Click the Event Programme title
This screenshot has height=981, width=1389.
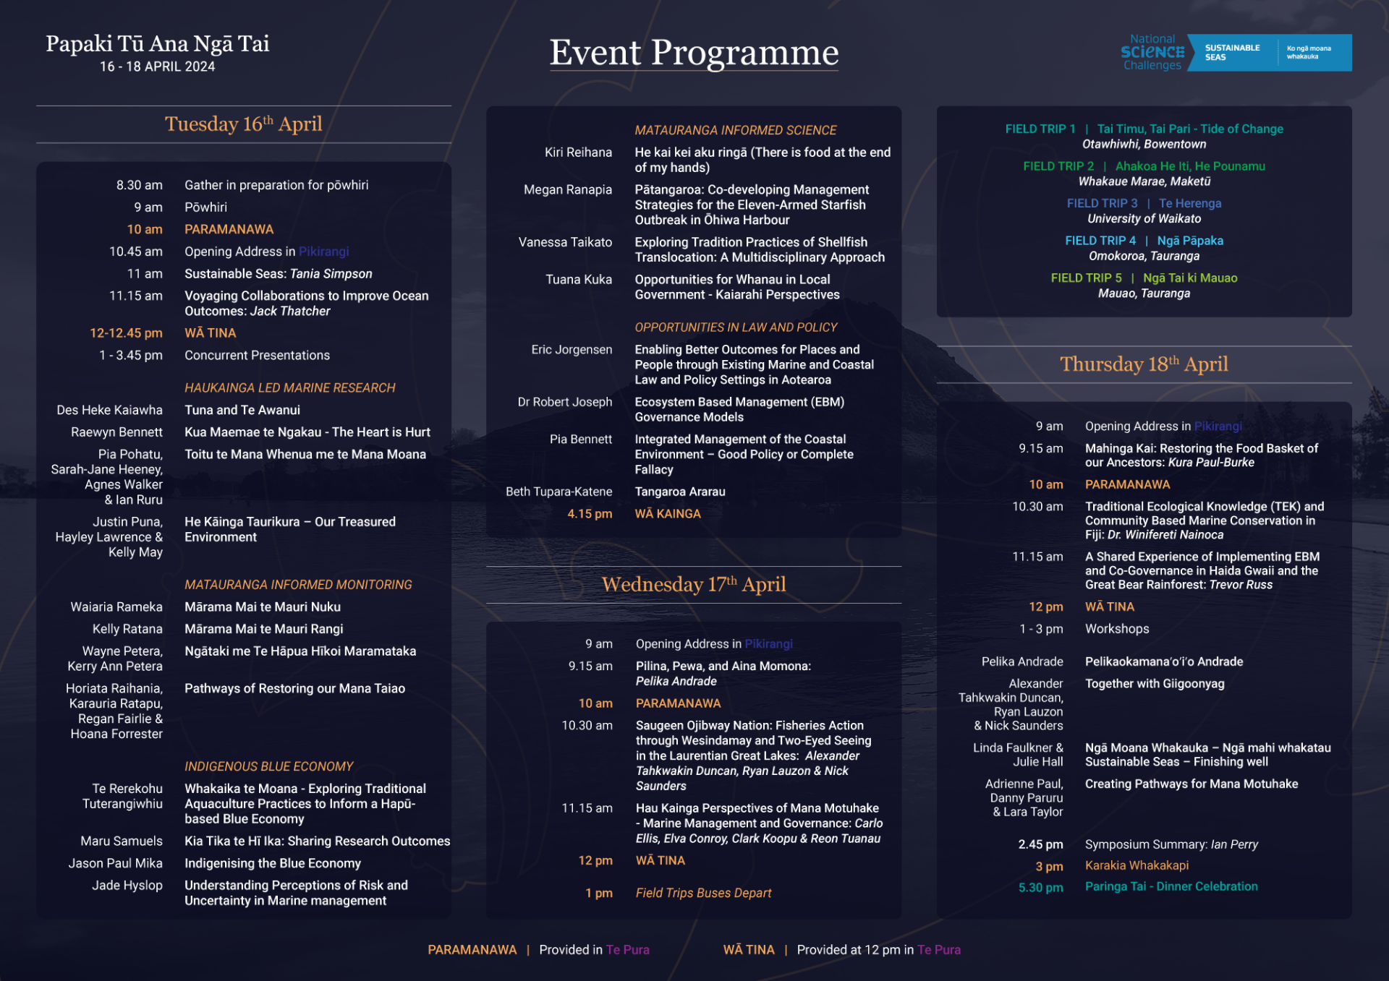(694, 53)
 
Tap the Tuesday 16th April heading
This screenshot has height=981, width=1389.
(244, 124)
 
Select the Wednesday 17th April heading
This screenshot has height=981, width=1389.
(694, 584)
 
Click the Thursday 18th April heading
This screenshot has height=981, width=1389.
(1144, 364)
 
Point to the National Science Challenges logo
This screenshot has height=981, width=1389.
(1236, 52)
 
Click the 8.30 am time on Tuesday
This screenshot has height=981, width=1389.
(140, 185)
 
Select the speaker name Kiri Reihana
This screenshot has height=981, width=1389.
(578, 153)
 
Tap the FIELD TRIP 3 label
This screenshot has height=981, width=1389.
(1102, 204)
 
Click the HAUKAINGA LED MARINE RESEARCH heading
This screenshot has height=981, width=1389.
(290, 388)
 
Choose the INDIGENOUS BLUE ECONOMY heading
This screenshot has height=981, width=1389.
(269, 766)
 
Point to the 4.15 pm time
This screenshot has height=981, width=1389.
(590, 514)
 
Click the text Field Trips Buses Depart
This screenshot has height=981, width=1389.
(703, 894)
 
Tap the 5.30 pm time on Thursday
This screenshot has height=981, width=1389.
(1041, 888)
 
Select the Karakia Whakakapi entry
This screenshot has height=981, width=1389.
(1137, 866)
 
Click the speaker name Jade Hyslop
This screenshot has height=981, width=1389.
(127, 886)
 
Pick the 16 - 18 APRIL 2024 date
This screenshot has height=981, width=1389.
(158, 67)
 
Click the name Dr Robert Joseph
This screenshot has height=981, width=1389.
(565, 402)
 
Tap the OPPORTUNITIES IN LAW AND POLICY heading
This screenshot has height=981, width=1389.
(736, 327)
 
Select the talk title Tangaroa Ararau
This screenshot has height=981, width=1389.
(680, 492)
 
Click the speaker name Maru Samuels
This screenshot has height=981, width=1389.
(122, 841)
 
